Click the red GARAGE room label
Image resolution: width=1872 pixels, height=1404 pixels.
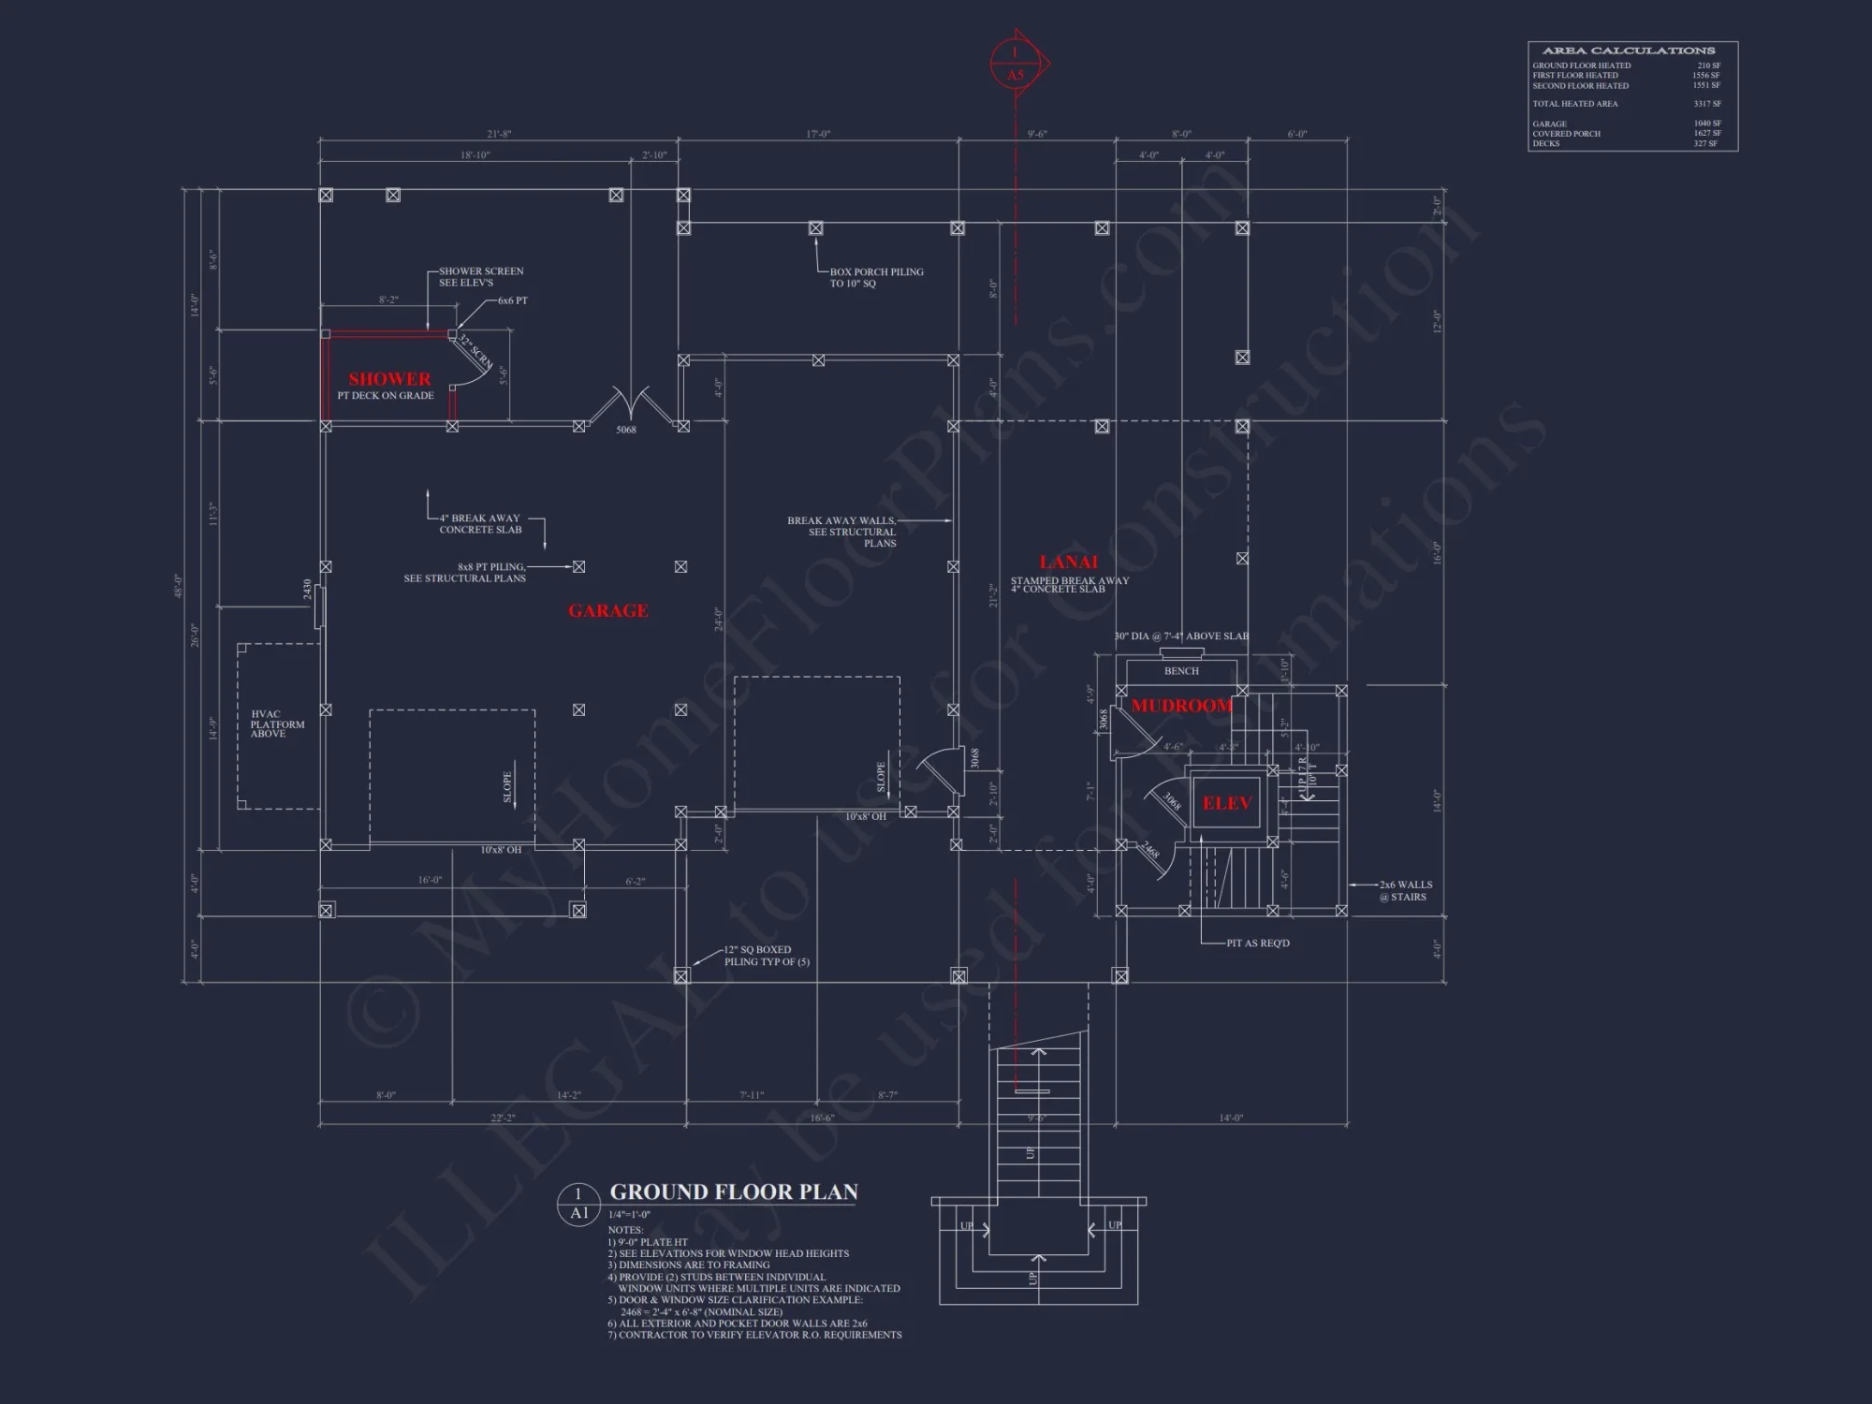(608, 611)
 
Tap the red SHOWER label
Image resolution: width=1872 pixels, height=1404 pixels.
(389, 379)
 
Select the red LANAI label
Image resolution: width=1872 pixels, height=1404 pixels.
(1068, 562)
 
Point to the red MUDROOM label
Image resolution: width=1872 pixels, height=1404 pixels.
(1181, 706)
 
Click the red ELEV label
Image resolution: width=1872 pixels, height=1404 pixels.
(1226, 803)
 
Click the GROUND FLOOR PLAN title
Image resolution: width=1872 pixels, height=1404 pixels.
(734, 1192)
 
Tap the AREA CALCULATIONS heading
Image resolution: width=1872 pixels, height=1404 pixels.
(1629, 51)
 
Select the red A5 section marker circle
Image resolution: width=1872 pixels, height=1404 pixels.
(1016, 65)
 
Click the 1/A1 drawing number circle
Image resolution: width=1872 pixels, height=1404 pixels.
(578, 1204)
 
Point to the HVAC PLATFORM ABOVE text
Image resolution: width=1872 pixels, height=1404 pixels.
(277, 724)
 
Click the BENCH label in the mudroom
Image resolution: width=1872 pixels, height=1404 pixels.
(1181, 671)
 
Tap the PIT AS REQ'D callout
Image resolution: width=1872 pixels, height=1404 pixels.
(1258, 943)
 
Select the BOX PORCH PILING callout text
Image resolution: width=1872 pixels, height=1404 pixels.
(876, 277)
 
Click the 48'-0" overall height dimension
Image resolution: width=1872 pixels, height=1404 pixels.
(178, 586)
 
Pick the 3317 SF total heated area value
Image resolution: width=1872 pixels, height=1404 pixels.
(1706, 104)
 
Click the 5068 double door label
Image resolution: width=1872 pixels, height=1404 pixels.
(626, 430)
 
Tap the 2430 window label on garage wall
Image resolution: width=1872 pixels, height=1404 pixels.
(307, 589)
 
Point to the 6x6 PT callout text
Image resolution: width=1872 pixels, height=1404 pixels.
(512, 300)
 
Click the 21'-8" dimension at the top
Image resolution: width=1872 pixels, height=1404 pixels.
(499, 134)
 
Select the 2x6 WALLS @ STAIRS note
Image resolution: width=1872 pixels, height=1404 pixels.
(1407, 890)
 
